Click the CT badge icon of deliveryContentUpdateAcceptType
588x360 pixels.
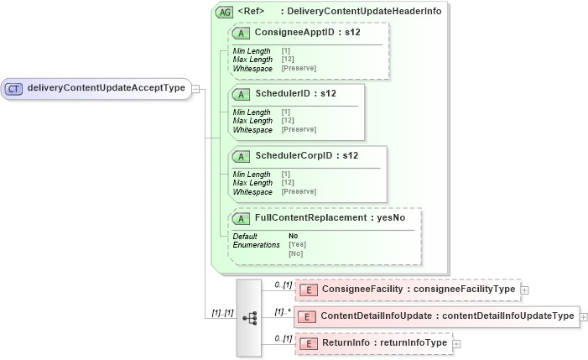pos(14,87)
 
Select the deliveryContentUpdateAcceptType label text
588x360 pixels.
pos(106,87)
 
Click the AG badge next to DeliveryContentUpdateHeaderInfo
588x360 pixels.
pos(225,13)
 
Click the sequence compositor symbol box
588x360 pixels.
pos(250,317)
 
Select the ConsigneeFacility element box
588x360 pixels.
pos(407,290)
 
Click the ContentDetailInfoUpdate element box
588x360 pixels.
pos(436,316)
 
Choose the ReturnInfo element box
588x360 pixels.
pos(373,343)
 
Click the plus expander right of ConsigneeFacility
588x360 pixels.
pos(525,290)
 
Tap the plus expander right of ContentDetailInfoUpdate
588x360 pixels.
pos(584,316)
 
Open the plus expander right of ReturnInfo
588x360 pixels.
pos(457,343)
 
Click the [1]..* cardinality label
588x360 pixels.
pos(284,312)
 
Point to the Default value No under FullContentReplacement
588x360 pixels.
pos(293,236)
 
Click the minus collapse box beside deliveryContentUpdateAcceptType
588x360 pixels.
pos(195,87)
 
